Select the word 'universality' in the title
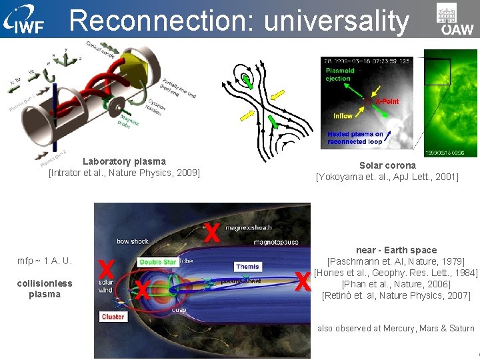337,21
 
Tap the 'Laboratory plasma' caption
124,161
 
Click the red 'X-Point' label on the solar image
387,101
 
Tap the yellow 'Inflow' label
343,116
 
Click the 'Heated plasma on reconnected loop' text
355,137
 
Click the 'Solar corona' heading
387,165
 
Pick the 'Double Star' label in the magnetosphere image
158,262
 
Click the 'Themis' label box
247,267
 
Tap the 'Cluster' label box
113,317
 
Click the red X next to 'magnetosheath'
212,232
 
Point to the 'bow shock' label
132,241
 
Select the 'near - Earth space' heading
396,250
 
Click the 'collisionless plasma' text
45,289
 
